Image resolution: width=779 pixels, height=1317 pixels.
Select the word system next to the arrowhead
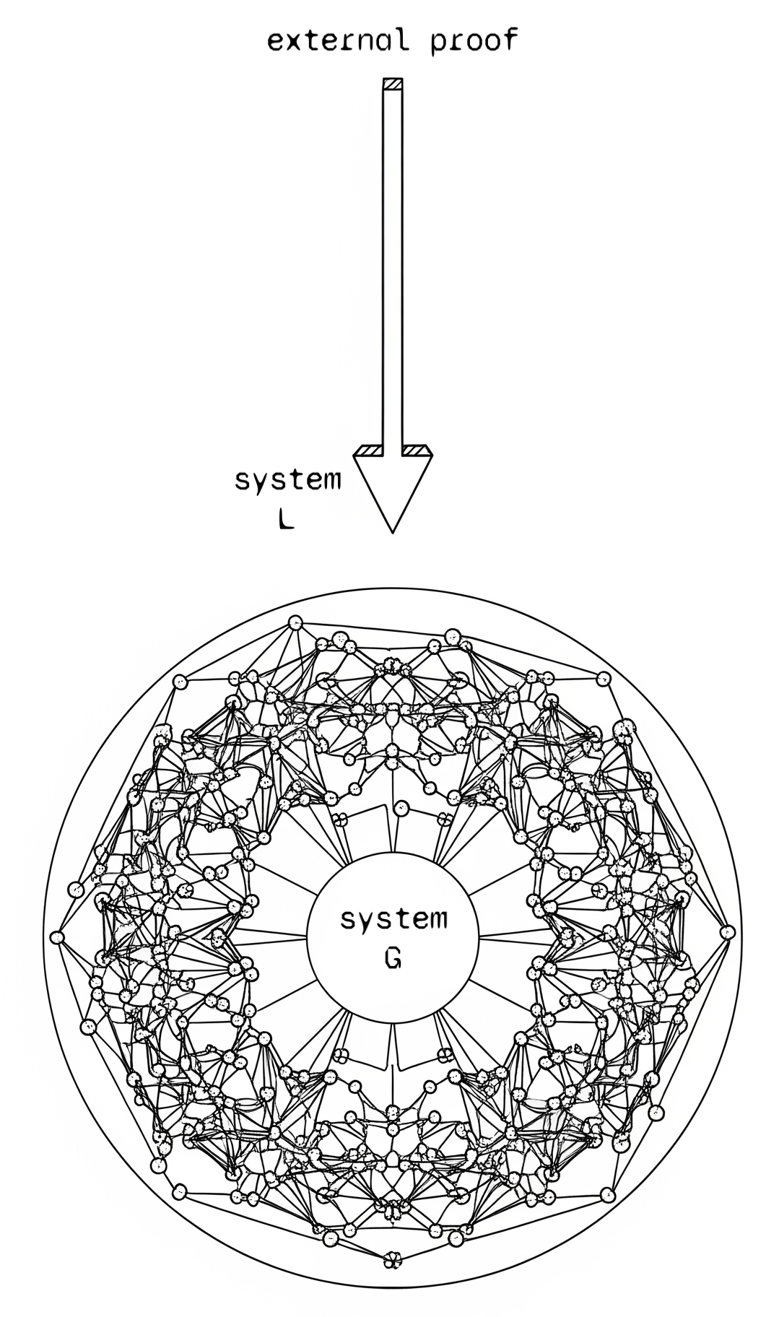(287, 479)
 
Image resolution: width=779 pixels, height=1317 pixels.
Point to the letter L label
(286, 519)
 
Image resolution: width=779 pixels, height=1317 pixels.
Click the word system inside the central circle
(393, 919)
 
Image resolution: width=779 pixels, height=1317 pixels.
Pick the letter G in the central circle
(393, 959)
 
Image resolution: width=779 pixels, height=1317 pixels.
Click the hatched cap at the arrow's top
(392, 84)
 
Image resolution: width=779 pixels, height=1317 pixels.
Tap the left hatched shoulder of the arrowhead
(369, 451)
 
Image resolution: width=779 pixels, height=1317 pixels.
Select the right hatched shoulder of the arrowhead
(416, 451)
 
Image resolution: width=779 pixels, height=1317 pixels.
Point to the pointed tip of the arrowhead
(392, 531)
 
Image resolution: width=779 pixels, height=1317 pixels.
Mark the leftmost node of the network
(58, 937)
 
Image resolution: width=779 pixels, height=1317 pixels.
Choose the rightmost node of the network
(727, 932)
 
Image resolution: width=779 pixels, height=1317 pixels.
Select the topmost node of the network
(295, 622)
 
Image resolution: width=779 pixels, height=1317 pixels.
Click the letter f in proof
(510, 40)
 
